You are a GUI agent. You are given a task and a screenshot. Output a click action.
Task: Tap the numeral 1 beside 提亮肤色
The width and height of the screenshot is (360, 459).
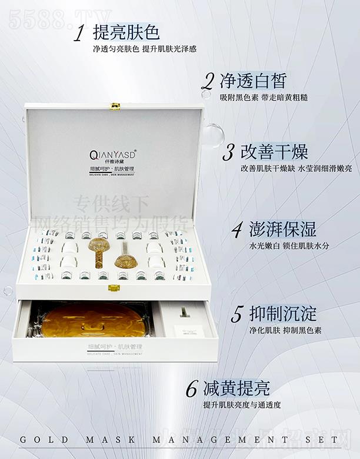(x=79, y=34)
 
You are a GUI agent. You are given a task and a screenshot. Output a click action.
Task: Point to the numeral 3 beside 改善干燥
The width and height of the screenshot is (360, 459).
(x=228, y=152)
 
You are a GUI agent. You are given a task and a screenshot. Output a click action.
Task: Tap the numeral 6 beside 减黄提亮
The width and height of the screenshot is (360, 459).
(x=191, y=390)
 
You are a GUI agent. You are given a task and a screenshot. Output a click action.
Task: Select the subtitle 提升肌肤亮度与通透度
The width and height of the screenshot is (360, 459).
(x=242, y=405)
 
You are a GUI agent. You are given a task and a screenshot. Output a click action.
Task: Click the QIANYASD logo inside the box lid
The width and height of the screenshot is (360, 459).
(x=113, y=155)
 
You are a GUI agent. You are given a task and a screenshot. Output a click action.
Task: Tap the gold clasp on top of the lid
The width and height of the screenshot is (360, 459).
(x=115, y=107)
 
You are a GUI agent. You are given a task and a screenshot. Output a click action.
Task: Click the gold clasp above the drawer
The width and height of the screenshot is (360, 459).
(x=114, y=288)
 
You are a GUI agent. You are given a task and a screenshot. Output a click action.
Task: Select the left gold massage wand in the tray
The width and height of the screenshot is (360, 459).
(x=98, y=250)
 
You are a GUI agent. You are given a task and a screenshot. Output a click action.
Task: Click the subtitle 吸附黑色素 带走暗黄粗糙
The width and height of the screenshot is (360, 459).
(x=264, y=97)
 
